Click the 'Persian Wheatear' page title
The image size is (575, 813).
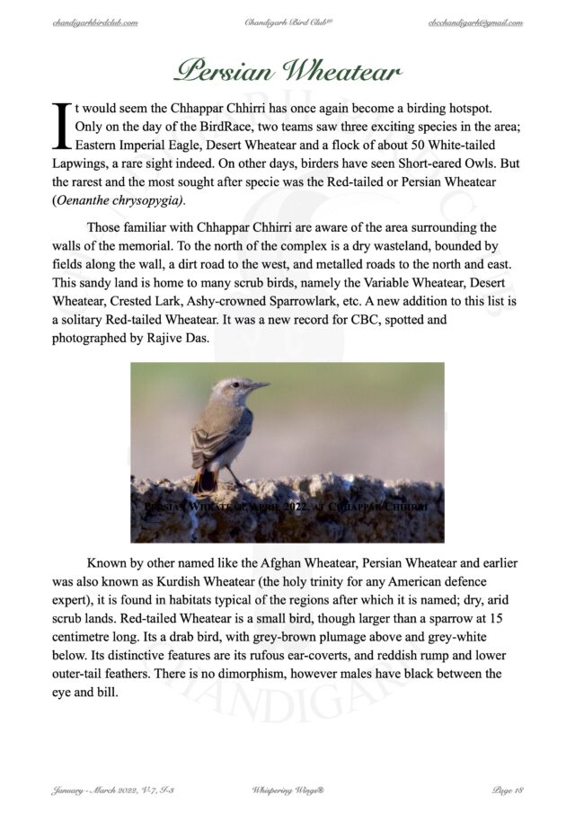pyautogui.click(x=287, y=69)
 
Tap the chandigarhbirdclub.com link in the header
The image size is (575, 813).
pyautogui.click(x=95, y=22)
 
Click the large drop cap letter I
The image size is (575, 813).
pyautogui.click(x=62, y=127)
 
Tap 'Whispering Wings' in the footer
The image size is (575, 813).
pyautogui.click(x=286, y=790)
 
